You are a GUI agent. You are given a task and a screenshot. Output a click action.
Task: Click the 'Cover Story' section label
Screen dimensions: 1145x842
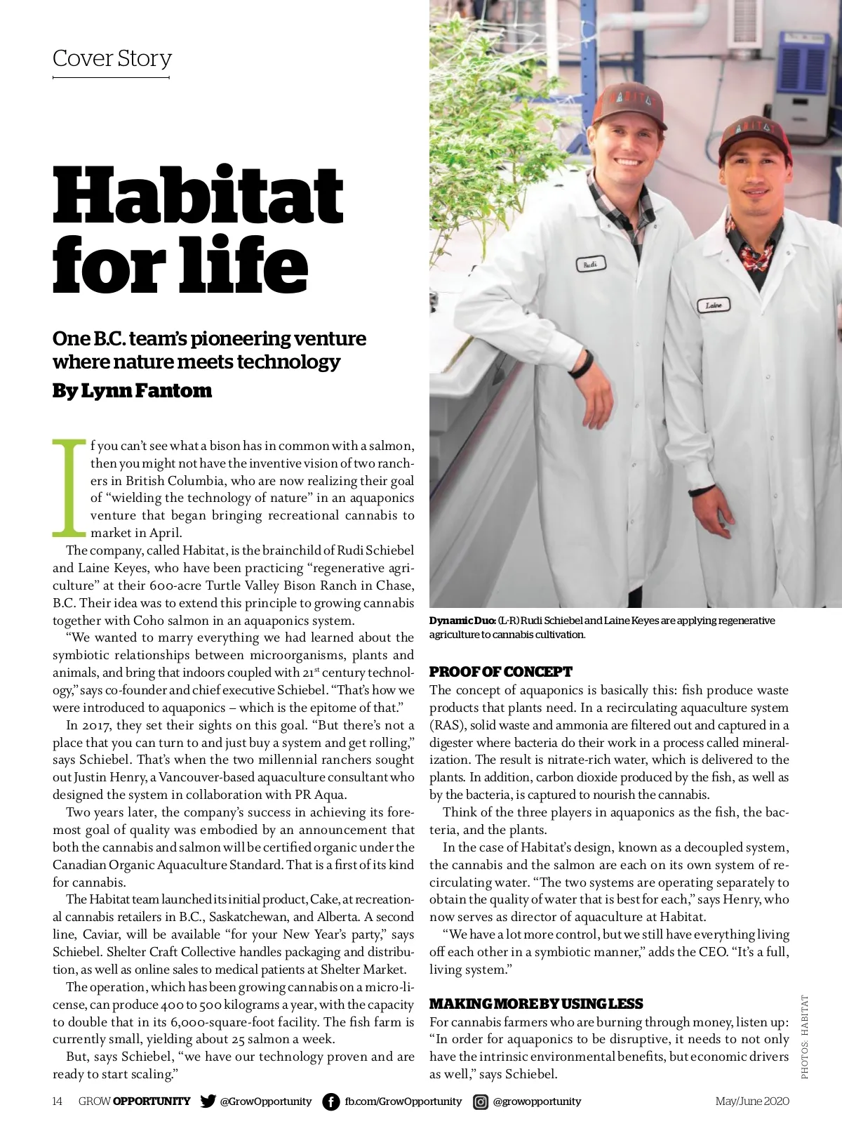(x=112, y=58)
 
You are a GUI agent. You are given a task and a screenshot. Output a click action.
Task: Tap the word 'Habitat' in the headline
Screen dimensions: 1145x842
(x=198, y=194)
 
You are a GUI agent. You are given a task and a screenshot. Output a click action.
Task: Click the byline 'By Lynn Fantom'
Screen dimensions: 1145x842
(x=132, y=390)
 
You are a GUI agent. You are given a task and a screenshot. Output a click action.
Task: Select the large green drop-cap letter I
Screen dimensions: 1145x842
(x=70, y=487)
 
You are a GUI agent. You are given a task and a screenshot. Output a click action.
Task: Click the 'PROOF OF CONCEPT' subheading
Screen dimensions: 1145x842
(x=500, y=672)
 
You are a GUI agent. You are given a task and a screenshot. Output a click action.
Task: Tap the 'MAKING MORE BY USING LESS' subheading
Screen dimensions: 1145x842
(x=536, y=1004)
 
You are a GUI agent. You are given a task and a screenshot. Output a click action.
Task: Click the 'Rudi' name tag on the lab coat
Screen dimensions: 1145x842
(x=590, y=265)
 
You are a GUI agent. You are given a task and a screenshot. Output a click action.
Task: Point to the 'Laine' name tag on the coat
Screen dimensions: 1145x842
(x=714, y=305)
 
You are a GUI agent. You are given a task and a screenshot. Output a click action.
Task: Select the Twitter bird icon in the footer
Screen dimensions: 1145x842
(x=208, y=1101)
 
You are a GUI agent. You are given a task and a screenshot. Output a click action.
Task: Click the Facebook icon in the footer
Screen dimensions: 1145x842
(x=330, y=1101)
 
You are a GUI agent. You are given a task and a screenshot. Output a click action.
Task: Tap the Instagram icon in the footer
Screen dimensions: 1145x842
(x=481, y=1101)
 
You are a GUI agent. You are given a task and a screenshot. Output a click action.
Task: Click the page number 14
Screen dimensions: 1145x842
(x=58, y=1101)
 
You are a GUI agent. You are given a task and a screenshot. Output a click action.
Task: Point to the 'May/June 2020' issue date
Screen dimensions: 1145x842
(x=752, y=1101)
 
